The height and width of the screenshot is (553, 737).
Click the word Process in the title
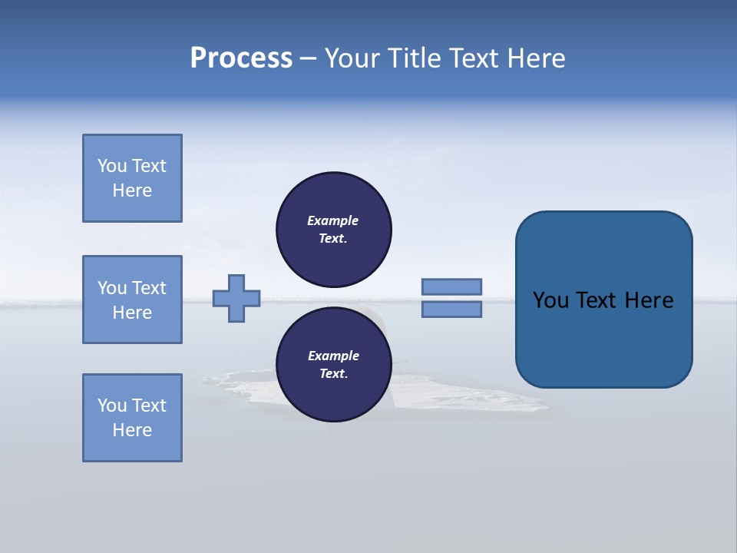coord(241,58)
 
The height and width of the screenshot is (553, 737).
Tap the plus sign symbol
coord(236,298)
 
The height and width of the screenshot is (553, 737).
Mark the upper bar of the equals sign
coord(451,286)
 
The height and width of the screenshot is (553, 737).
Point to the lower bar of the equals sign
coord(451,309)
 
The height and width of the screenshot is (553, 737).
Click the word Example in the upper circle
coord(333,220)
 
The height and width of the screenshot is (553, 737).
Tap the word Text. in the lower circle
coord(333,374)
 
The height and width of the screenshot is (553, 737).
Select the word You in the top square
coord(112,166)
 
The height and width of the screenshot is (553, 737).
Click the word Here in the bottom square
coord(132,430)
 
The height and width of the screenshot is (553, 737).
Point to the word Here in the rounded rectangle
coord(649,300)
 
